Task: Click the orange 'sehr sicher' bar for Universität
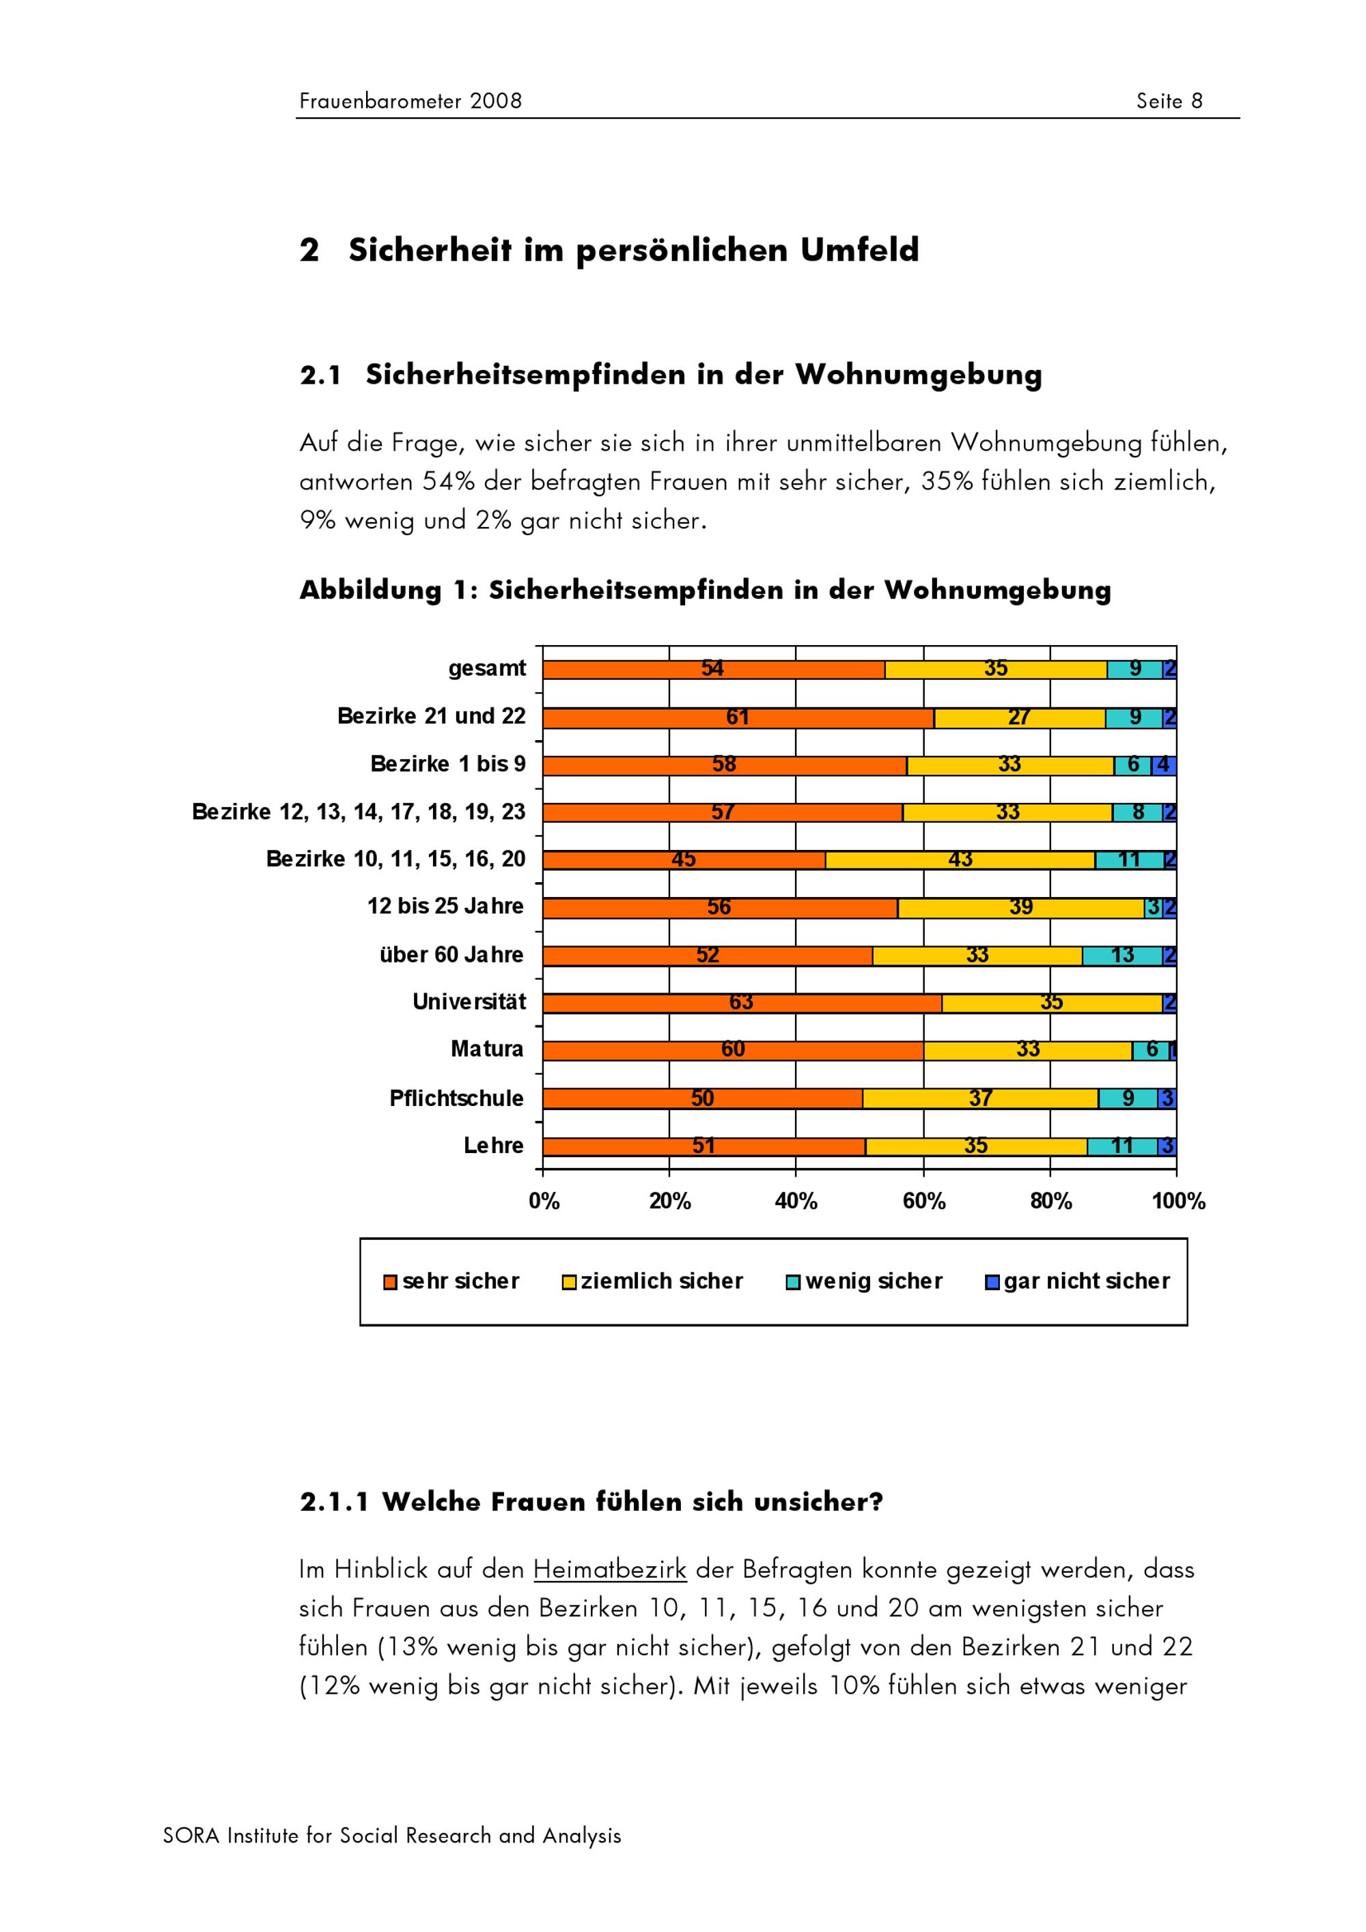tap(742, 1003)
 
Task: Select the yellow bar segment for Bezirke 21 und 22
tap(1019, 718)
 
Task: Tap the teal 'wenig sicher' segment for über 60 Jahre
tap(1122, 956)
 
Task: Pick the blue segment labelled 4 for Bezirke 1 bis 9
tap(1164, 765)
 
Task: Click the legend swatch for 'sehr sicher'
tap(390, 1282)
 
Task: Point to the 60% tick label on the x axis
tap(923, 1202)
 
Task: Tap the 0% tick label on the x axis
tap(544, 1202)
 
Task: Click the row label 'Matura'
tap(486, 1049)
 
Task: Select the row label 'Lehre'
tap(493, 1146)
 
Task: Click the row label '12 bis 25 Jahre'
tap(445, 906)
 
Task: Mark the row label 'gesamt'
tap(486, 669)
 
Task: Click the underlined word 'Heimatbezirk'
tap(609, 1570)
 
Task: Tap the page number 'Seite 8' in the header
tap(1169, 101)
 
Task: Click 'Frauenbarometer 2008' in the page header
tap(410, 101)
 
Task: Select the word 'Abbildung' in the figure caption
tap(370, 591)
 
